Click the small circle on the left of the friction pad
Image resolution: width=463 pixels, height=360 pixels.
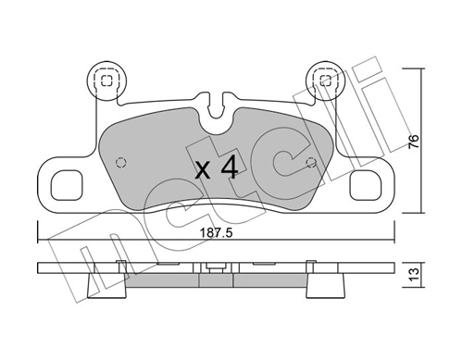(118, 163)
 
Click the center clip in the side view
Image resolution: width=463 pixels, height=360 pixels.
(215, 270)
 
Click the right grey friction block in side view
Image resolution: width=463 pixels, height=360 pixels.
(269, 279)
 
